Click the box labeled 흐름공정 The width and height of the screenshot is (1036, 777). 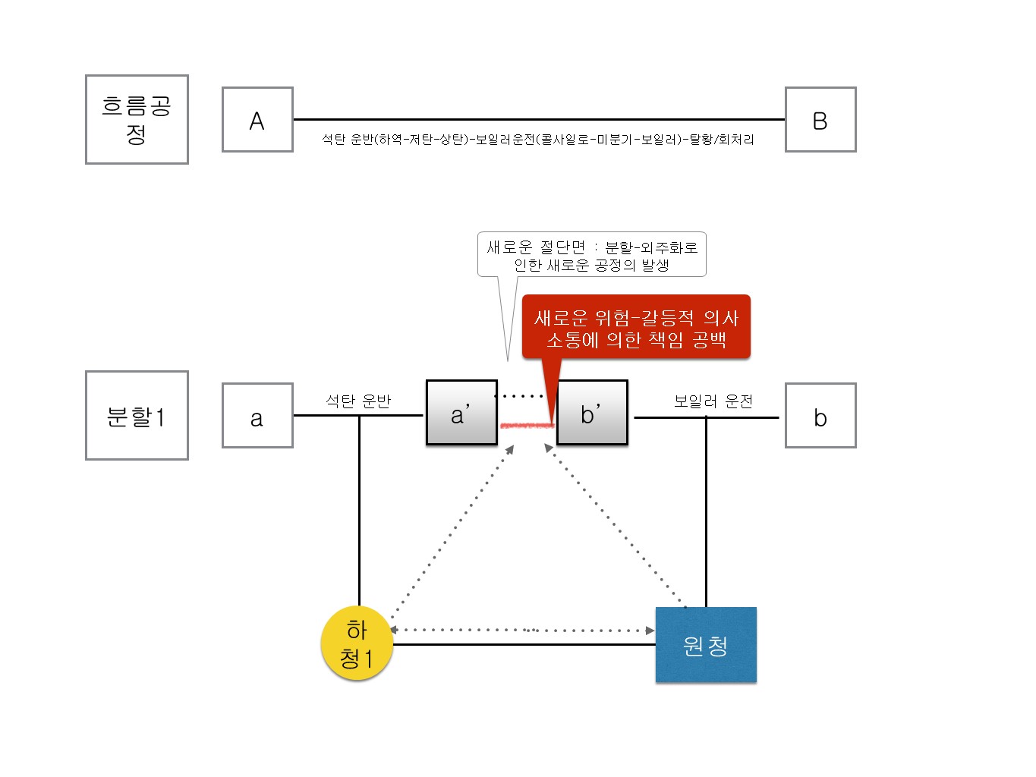coord(137,119)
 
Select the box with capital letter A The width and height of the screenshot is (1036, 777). coord(257,120)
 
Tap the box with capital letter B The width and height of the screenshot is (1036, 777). coord(820,120)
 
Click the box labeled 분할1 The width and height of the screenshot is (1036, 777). coord(137,415)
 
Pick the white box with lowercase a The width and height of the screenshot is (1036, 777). coord(257,416)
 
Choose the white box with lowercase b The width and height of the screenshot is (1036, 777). coord(820,416)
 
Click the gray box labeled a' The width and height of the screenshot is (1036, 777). coord(461,413)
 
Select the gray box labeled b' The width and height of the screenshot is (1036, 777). coord(592,413)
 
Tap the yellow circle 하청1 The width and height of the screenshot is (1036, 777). coord(357,643)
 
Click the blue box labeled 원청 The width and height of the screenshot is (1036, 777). coord(706,645)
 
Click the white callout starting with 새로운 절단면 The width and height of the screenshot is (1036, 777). coord(591,255)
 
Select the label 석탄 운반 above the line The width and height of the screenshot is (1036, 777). coord(358,401)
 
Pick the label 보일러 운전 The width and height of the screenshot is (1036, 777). coord(713,401)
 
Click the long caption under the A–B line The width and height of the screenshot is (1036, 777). coord(538,140)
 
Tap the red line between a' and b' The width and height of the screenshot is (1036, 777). coord(527,425)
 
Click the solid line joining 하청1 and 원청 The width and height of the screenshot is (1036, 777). coord(524,645)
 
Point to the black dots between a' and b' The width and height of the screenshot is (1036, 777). coord(519,396)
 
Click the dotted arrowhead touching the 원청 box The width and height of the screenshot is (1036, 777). coord(650,631)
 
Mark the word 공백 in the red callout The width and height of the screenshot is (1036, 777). coord(710,340)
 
